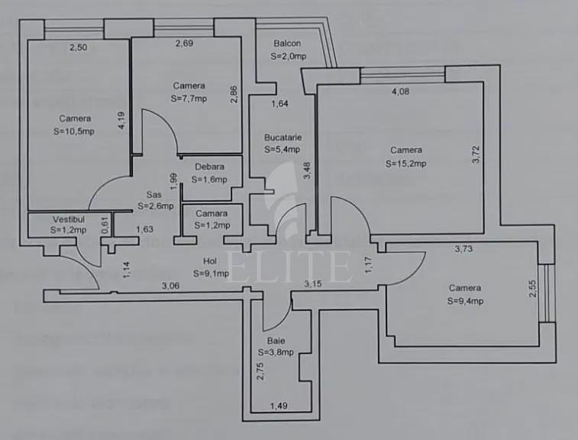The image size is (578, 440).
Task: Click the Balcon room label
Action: click(x=288, y=43)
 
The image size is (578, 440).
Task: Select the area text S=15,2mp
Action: click(x=405, y=163)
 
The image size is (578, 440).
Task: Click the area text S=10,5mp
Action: click(x=74, y=131)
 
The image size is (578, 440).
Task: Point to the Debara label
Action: click(x=209, y=167)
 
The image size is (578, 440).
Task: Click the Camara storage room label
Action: click(x=209, y=213)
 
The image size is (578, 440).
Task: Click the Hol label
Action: click(x=209, y=260)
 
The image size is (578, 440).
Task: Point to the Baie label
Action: click(x=276, y=341)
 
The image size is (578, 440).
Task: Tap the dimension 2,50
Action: click(x=79, y=48)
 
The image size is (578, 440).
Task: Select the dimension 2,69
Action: click(x=184, y=44)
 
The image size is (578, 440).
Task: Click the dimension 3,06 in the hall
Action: click(x=170, y=286)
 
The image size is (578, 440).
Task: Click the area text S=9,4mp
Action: click(x=465, y=301)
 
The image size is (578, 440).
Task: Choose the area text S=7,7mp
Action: click(x=187, y=99)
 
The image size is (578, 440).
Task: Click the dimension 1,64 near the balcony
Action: click(x=281, y=104)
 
